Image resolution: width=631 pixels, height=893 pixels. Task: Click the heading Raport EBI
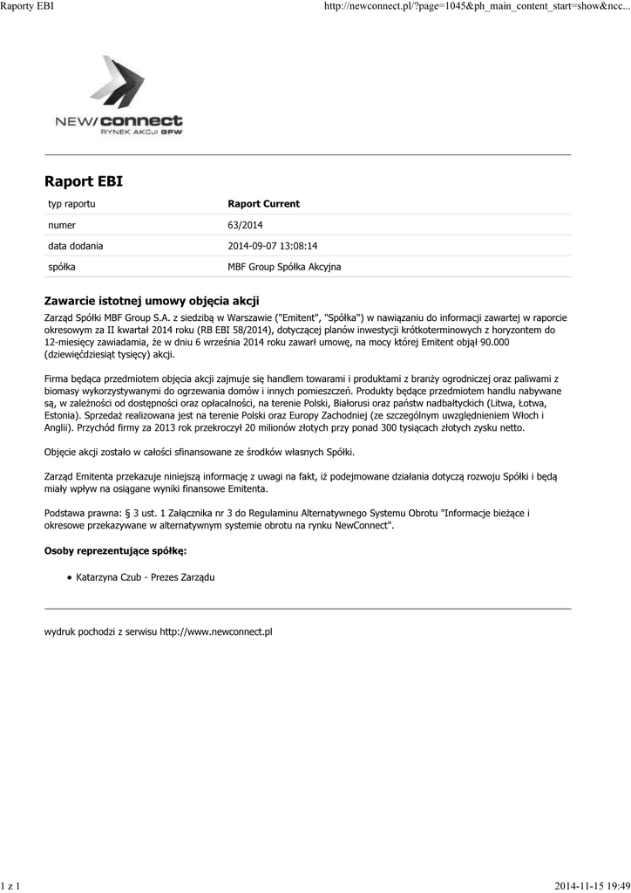pyautogui.click(x=84, y=181)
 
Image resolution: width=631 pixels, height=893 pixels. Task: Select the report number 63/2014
pyautogui.click(x=245, y=225)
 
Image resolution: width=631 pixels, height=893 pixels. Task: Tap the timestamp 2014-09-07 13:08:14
pyautogui.click(x=272, y=246)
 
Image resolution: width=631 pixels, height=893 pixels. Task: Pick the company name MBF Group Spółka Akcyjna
pyautogui.click(x=284, y=267)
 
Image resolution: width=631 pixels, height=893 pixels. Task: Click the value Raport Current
pyautogui.click(x=263, y=204)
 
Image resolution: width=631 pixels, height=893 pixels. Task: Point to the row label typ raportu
pyautogui.click(x=71, y=204)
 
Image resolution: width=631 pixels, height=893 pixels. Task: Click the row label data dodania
pyautogui.click(x=75, y=246)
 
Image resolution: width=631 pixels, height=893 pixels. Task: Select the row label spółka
pyautogui.click(x=62, y=267)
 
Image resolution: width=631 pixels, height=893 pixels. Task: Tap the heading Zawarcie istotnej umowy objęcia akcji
pyautogui.click(x=152, y=301)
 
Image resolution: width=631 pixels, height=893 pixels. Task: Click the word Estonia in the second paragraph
pyautogui.click(x=63, y=416)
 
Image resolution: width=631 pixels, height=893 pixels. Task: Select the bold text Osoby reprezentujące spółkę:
pyautogui.click(x=115, y=551)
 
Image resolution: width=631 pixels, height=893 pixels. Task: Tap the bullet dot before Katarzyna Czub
pyautogui.click(x=69, y=577)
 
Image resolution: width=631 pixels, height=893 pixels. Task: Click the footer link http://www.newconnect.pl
pyautogui.click(x=216, y=631)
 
